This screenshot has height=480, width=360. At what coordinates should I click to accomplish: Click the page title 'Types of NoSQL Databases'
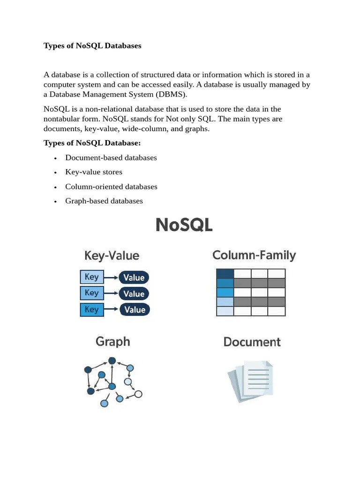click(92, 46)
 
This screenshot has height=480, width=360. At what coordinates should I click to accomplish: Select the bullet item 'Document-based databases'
click(111, 157)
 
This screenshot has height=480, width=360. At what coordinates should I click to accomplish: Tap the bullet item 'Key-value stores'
click(94, 172)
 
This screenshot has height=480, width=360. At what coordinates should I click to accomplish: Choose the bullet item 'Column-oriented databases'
click(111, 187)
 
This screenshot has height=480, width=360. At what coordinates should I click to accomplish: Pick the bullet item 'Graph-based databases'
click(104, 201)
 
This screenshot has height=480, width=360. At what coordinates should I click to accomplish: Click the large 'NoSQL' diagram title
click(184, 225)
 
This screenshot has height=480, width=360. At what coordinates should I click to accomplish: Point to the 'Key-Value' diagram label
click(112, 255)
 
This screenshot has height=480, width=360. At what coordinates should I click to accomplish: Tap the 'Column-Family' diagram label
click(254, 255)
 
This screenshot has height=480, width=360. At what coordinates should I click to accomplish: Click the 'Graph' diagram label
click(112, 341)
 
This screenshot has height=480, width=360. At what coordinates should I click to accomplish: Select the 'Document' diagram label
click(252, 342)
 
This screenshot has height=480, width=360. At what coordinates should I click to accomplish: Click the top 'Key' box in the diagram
click(92, 277)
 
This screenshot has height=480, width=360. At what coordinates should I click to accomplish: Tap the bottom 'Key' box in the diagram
click(92, 309)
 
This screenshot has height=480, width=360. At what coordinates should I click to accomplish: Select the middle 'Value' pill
click(134, 294)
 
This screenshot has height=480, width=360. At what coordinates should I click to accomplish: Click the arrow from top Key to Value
click(111, 277)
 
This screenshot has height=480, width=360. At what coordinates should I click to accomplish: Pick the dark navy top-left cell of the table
click(225, 273)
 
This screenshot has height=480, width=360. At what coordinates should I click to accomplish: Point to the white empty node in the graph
click(138, 394)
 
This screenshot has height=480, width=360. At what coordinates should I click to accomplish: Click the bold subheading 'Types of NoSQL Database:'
click(92, 142)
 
